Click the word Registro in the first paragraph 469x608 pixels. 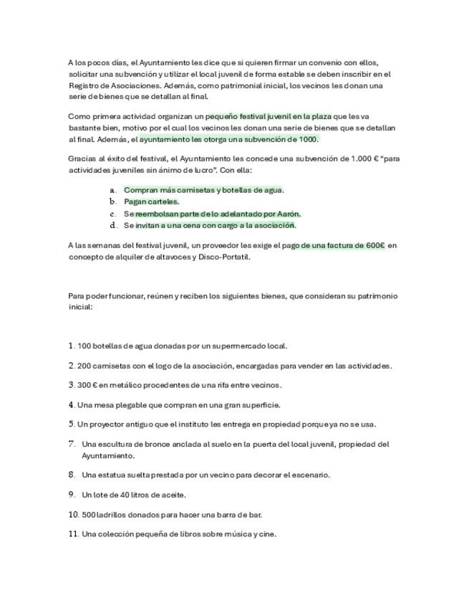click(x=83, y=85)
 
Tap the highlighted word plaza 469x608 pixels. click(x=320, y=115)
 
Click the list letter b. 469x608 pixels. click(x=112, y=201)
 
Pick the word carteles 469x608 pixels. click(x=164, y=201)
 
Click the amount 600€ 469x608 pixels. click(x=375, y=245)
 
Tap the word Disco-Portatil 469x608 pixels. click(x=226, y=257)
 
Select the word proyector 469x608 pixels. click(x=106, y=424)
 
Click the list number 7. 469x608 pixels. click(x=72, y=444)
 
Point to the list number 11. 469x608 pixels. click(x=73, y=533)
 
